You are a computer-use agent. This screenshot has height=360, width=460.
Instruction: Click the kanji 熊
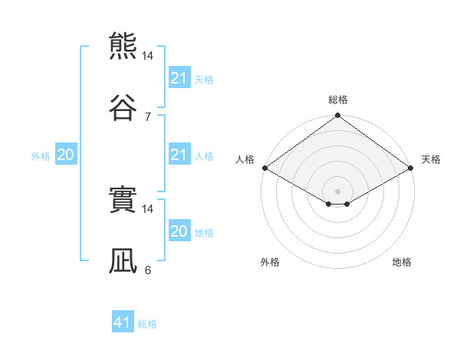(x=123, y=46)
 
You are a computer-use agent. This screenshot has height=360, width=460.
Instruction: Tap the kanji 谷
(x=123, y=107)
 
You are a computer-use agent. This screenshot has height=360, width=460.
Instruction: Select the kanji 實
(x=123, y=199)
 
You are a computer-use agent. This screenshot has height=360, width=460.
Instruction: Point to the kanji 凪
(x=123, y=260)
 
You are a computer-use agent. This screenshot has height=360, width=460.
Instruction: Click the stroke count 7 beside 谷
(x=148, y=117)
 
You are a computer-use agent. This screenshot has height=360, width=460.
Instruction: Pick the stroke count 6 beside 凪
(x=148, y=270)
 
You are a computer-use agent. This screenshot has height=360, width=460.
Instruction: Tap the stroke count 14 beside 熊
(x=147, y=56)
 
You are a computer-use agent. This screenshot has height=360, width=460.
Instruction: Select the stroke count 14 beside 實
(x=147, y=209)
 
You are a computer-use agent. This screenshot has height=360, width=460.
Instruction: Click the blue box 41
(x=123, y=321)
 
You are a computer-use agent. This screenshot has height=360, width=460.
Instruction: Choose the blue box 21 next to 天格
(x=180, y=77)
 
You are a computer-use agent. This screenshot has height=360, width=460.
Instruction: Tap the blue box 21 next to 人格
(x=180, y=154)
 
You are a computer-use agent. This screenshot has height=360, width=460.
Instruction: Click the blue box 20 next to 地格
(x=180, y=230)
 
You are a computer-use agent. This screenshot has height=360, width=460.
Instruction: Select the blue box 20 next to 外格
(x=66, y=154)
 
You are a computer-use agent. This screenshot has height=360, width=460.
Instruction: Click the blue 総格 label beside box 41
(x=147, y=324)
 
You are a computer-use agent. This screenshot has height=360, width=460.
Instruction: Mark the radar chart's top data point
(x=337, y=115)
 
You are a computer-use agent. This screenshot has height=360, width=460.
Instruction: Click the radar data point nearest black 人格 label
(x=265, y=168)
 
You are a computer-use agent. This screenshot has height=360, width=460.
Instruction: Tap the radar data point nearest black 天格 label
(x=410, y=168)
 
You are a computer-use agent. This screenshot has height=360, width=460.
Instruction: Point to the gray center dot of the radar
(x=337, y=191)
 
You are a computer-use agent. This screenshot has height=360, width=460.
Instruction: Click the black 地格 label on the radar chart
(x=402, y=262)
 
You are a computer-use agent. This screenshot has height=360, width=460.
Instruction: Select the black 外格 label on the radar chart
(x=270, y=262)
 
